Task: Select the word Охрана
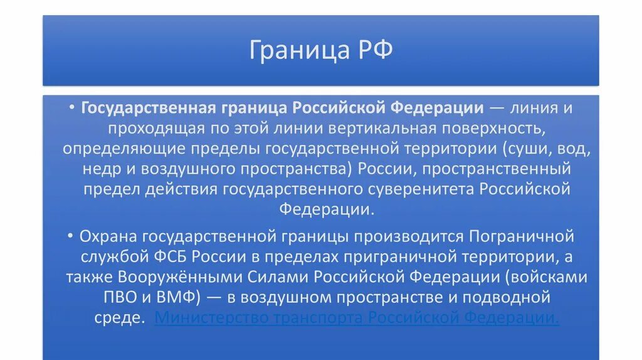[x=108, y=236]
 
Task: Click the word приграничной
[x=372, y=257]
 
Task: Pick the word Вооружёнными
[x=174, y=277]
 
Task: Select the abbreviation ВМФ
[x=166, y=297]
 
